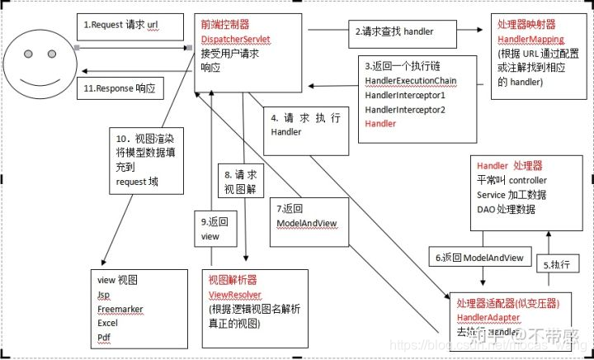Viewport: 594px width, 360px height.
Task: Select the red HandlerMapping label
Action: pos(530,40)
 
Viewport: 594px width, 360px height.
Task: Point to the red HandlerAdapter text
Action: pos(489,318)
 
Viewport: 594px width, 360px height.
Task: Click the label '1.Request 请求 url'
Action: pos(121,26)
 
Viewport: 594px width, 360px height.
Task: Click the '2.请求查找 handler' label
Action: pos(394,31)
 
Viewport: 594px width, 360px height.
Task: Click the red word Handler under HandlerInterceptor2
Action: pos(380,123)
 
